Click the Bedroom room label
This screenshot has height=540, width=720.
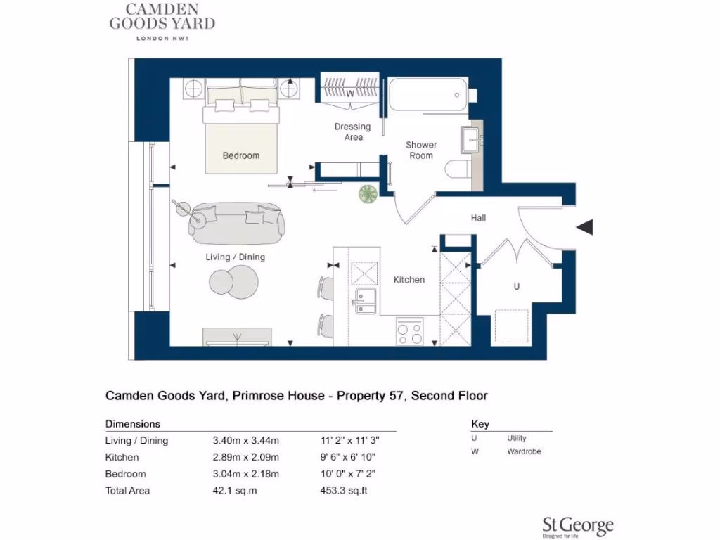tap(241, 155)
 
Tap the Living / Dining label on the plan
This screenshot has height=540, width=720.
tap(236, 257)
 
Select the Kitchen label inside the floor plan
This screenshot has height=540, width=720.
tap(409, 280)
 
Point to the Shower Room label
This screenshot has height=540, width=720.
tap(421, 150)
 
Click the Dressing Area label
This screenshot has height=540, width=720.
tap(352, 131)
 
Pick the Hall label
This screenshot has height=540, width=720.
tap(479, 218)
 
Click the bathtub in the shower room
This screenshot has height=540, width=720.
tap(425, 95)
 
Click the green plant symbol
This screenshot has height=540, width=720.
tap(368, 193)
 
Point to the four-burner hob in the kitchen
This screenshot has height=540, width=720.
tap(410, 331)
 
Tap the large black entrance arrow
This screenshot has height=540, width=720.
tap(585, 227)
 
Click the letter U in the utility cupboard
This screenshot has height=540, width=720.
tap(517, 287)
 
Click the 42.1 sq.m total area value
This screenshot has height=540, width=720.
tap(235, 491)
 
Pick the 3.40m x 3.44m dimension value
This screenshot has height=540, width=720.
tap(246, 442)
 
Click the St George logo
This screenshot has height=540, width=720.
tap(577, 526)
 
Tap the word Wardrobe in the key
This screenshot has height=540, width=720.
tap(524, 451)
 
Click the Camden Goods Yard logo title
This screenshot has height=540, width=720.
tap(162, 17)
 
